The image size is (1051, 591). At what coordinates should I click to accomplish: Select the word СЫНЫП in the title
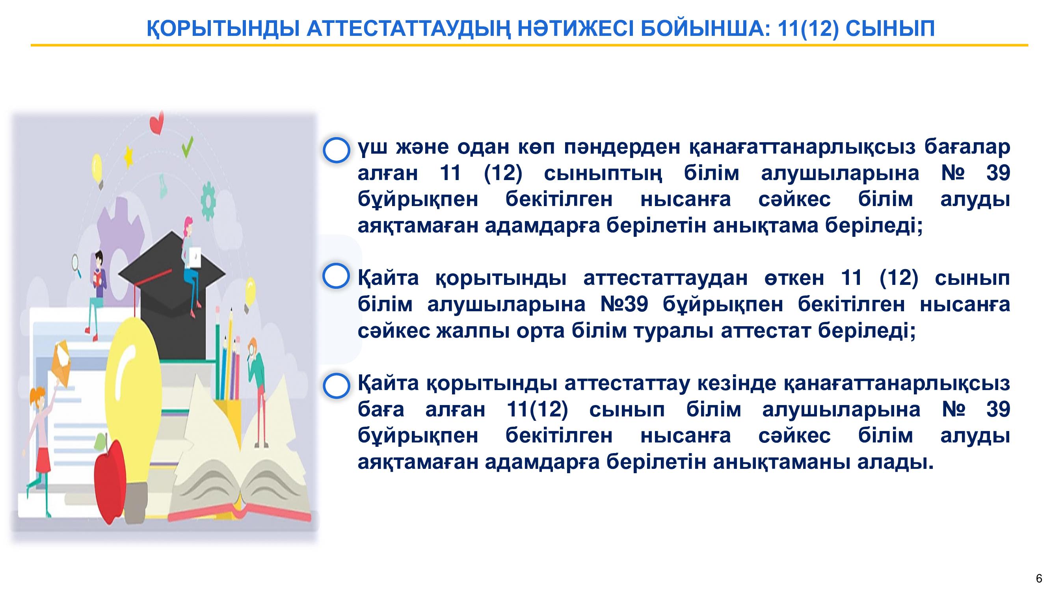(x=890, y=28)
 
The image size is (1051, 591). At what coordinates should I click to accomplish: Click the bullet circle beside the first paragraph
(x=337, y=150)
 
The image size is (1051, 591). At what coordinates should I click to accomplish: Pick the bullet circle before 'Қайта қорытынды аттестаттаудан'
(x=336, y=276)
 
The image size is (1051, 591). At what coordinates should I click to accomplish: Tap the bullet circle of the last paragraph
(x=337, y=385)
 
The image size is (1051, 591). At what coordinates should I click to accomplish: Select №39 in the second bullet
(x=624, y=304)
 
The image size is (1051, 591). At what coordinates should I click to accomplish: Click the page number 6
(x=1039, y=578)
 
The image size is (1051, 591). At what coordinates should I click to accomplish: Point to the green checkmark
(x=187, y=147)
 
